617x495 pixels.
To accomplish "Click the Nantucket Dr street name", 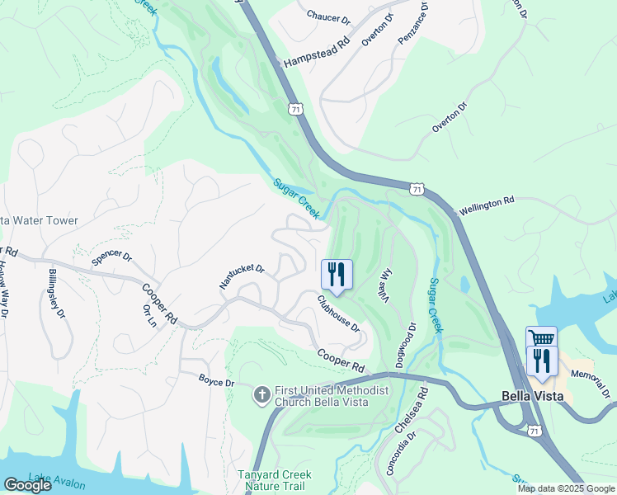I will pos(241,276).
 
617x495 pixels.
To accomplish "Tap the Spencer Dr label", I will pos(111,257).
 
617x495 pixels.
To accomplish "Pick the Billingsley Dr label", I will pos(56,293).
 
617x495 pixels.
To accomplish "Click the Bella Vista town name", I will pos(532,396).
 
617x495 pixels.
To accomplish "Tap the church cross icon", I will pos(261,395).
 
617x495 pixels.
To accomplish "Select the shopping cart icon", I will pos(541,339).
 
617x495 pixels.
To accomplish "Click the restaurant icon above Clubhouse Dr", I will pos(337,274).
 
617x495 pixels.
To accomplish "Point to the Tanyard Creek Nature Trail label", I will pos(275,480).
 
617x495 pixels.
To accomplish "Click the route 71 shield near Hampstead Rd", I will pos(295,109).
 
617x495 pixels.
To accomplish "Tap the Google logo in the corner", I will pos(27,486).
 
